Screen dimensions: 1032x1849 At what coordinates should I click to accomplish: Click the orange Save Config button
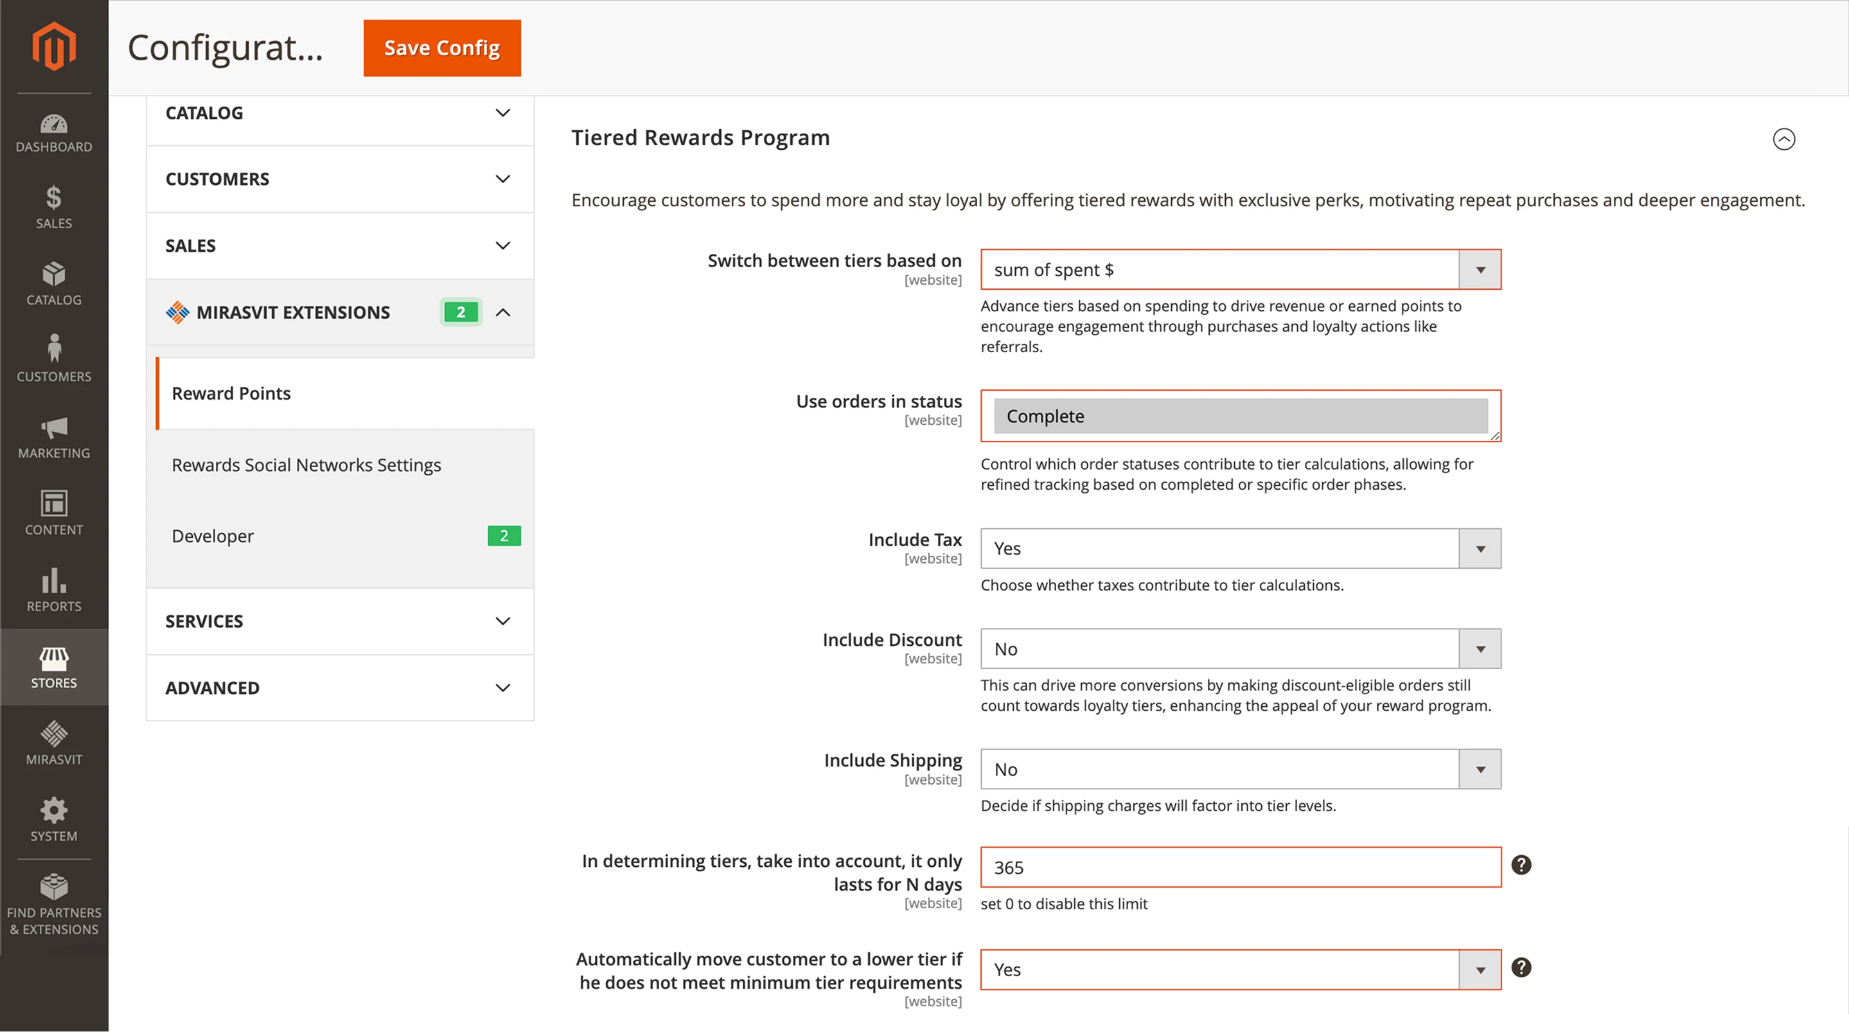[441, 48]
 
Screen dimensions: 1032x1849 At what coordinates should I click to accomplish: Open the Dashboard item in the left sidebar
[54, 134]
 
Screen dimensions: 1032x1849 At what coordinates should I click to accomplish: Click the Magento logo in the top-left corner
[54, 47]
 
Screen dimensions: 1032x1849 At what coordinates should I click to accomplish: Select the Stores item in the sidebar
[54, 667]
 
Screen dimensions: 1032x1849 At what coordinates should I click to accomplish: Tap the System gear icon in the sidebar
[54, 811]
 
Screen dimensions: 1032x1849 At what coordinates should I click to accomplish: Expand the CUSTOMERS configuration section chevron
[502, 179]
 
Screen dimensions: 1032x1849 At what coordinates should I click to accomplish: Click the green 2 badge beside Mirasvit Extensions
[461, 312]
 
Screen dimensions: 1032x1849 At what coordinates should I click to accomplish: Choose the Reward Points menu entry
[231, 393]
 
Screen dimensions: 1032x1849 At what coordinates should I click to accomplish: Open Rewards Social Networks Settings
[306, 465]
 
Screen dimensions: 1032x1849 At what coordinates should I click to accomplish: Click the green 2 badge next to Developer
[504, 536]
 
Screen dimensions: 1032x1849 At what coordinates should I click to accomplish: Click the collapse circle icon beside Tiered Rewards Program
[1783, 139]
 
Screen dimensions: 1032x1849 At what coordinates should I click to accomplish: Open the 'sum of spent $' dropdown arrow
[1480, 270]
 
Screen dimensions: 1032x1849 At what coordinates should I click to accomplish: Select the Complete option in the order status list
[1239, 416]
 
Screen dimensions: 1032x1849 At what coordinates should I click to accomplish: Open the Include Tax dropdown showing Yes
[1239, 549]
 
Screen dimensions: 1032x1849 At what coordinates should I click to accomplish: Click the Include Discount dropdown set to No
[1239, 649]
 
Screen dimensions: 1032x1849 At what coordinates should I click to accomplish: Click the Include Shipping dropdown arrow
[1480, 770]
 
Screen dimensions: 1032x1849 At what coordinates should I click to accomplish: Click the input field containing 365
[1239, 867]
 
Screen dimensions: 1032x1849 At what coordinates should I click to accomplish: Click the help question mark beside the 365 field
[1521, 865]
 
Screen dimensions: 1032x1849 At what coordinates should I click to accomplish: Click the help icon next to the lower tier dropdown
[1521, 967]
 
